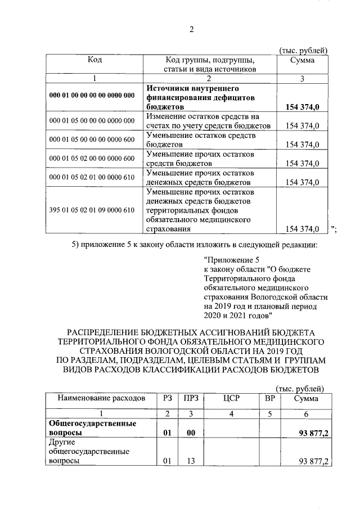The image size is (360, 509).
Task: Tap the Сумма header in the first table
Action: [x=302, y=60]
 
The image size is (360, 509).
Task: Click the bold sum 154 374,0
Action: [x=303, y=107]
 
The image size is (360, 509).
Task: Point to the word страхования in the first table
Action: [x=167, y=229]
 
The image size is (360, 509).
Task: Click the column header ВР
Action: [x=269, y=398]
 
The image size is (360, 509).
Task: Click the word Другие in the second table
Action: [x=63, y=442]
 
